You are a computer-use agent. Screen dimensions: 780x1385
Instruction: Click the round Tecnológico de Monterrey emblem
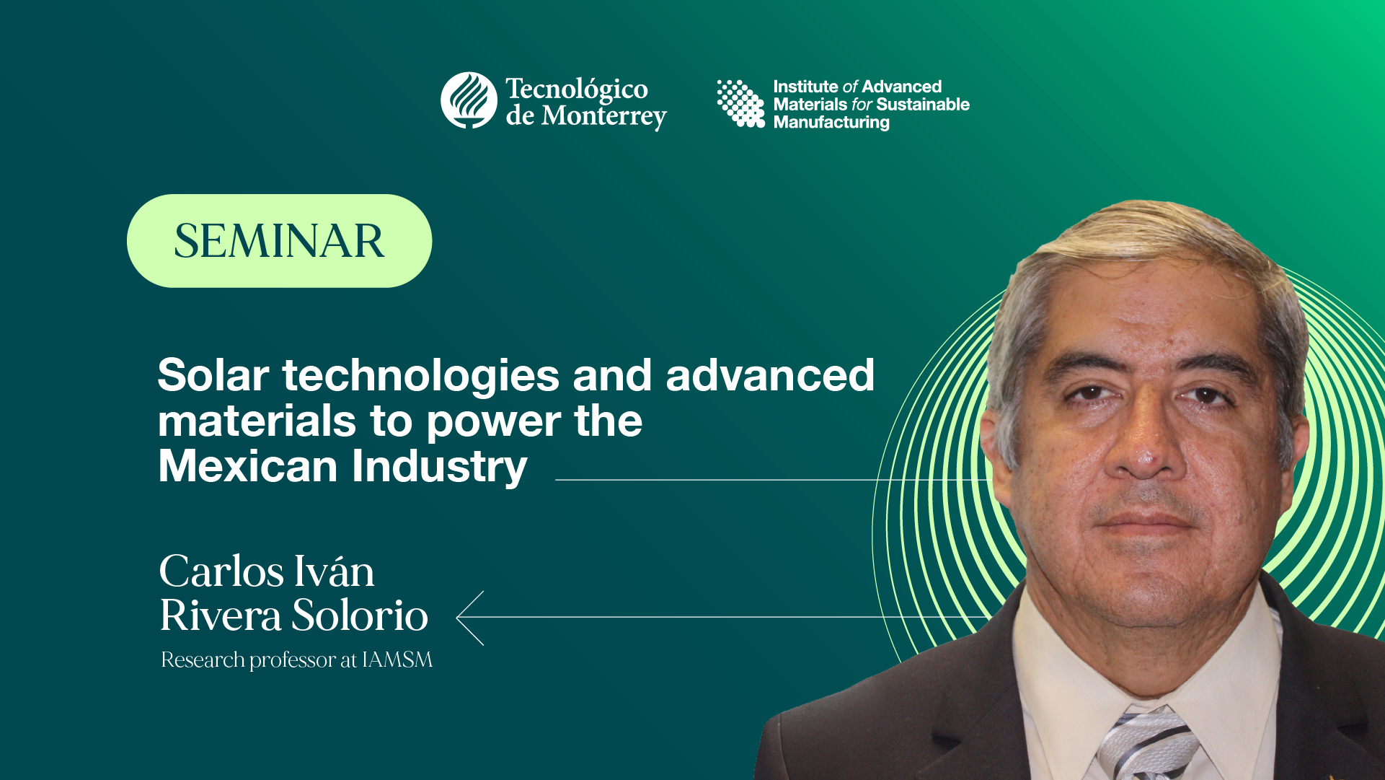469,100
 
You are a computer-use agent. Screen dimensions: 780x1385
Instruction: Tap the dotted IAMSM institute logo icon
740,103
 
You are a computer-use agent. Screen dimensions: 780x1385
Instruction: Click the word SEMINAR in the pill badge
279,241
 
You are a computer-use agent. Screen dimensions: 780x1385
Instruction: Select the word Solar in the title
213,375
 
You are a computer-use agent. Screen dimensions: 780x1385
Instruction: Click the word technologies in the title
420,375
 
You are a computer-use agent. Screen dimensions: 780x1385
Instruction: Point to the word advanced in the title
769,375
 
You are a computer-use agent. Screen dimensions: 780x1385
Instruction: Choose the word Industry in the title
440,466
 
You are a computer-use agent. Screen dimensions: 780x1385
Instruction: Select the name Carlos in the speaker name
221,571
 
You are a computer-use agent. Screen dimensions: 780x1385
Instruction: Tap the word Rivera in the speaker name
219,615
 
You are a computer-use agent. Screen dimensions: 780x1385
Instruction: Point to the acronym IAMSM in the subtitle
397,660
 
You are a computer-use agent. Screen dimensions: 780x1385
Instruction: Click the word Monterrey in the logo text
603,115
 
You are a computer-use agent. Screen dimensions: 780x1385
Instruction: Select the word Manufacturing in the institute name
831,123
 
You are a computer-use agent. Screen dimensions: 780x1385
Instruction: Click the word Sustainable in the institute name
922,105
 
